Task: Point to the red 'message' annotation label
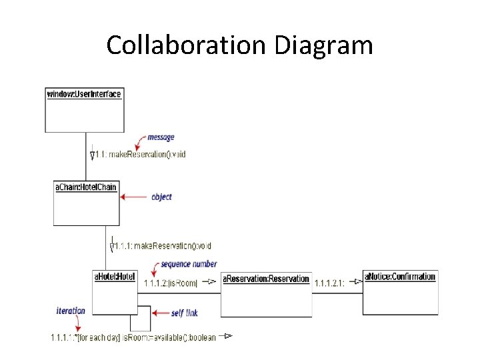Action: [161, 137]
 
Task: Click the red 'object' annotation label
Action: [161, 197]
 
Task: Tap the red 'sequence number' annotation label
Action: [189, 265]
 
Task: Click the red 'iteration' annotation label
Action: [71, 311]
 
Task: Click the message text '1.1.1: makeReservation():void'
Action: [161, 246]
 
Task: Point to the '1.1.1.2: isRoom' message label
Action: [171, 283]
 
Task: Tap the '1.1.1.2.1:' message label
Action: [329, 283]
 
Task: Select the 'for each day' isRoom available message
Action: [133, 338]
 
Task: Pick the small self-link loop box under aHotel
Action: [140, 322]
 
